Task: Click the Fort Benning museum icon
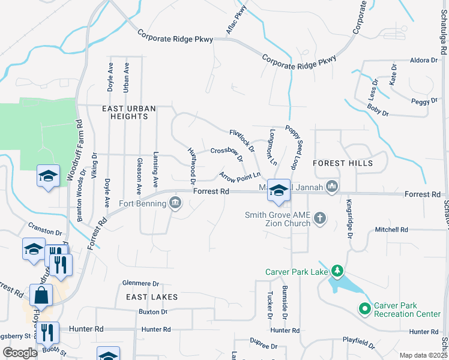point(175,203)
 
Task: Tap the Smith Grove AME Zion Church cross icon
point(320,219)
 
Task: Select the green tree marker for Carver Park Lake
point(337,272)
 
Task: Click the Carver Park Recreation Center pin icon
point(364,309)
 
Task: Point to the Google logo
point(19,353)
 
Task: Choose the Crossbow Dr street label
point(227,154)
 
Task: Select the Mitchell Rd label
point(391,230)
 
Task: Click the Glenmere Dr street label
point(140,283)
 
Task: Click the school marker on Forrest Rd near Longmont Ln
point(279,190)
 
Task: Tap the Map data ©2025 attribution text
point(423,355)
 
